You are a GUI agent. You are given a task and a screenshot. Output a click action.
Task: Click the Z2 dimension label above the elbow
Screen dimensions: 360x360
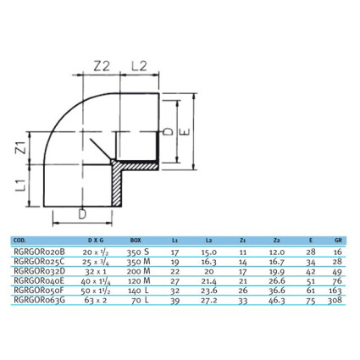point(102,66)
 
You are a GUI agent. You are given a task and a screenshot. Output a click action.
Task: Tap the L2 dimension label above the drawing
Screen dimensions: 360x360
point(140,66)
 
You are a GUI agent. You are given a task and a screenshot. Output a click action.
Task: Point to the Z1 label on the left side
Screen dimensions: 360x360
point(21,148)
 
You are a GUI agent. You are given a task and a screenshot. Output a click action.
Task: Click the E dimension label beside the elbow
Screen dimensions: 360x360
point(185,132)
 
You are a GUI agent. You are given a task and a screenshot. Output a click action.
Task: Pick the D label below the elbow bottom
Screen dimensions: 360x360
point(82,214)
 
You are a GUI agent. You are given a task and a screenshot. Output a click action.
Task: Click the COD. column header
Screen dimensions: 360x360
point(19,241)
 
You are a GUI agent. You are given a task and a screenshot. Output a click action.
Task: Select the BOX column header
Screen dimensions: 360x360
point(136,241)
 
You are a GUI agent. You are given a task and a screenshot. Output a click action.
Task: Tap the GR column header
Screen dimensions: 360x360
point(338,241)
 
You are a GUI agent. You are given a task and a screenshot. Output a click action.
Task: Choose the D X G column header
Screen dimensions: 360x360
point(96,241)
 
